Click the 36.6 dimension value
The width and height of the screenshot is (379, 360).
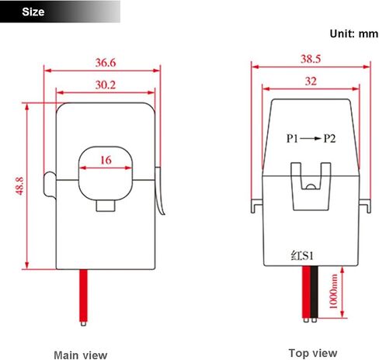tap(106, 63)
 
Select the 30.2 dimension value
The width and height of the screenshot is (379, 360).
tap(106, 85)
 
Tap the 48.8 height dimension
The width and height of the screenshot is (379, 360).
tap(19, 185)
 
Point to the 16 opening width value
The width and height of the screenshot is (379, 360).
tap(106, 161)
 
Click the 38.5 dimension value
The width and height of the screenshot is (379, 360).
tap(311, 59)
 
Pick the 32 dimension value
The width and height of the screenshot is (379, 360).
tap(311, 81)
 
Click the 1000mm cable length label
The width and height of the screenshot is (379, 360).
tap(333, 292)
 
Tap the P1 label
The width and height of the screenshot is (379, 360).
tap(292, 139)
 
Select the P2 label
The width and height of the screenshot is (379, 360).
tap(329, 139)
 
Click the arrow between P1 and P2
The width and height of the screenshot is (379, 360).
tap(311, 139)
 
